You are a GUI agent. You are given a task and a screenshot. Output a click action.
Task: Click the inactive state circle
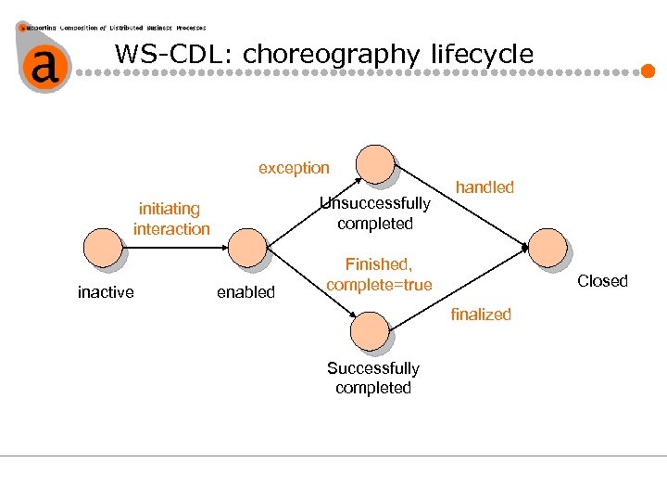tap(102, 248)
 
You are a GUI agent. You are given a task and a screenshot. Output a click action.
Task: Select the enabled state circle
tap(246, 248)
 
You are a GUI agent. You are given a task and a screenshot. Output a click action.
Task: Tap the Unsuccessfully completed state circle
tap(376, 164)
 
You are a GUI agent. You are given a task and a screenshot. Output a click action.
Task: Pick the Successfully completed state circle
tap(371, 331)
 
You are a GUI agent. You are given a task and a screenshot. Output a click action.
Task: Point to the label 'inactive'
tap(106, 293)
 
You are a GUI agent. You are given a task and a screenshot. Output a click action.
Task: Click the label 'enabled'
tap(245, 293)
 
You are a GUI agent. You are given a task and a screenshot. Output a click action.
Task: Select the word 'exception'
tap(294, 168)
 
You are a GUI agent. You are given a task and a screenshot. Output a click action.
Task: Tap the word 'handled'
tap(485, 187)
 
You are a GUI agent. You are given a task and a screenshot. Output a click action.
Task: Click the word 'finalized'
tap(481, 315)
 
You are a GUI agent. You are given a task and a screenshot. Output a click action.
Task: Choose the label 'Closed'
tap(602, 281)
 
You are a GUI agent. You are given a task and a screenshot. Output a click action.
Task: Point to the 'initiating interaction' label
tap(171, 219)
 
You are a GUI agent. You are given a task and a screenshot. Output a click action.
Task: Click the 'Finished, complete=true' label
tap(379, 276)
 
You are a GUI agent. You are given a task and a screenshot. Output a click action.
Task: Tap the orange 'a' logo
tap(42, 65)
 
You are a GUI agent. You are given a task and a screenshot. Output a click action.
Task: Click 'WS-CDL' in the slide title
tap(174, 54)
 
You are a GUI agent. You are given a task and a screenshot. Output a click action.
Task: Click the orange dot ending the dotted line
tap(648, 71)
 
